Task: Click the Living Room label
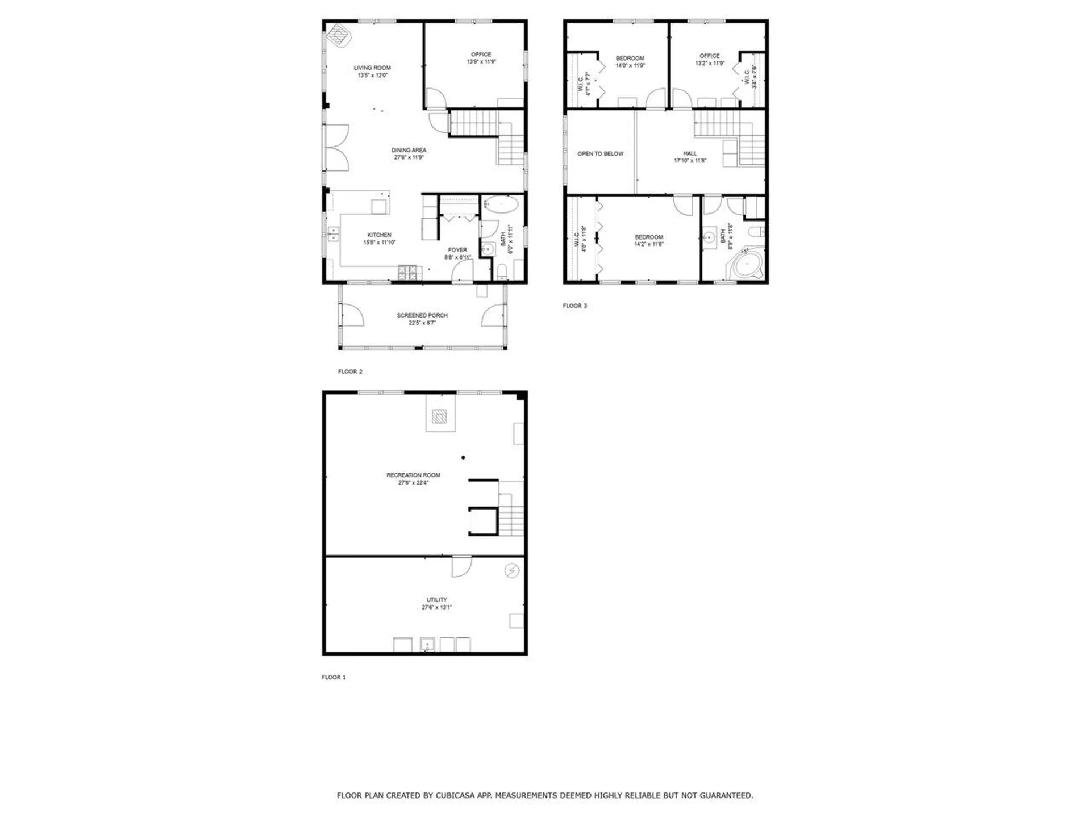click(372, 68)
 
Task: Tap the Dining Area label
click(409, 151)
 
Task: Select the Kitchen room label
click(379, 235)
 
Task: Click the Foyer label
click(457, 250)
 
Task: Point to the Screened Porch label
click(422, 315)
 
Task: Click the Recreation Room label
click(413, 475)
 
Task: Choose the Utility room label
click(436, 600)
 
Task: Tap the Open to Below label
click(600, 154)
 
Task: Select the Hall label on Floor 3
click(690, 153)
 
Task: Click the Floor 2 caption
click(350, 372)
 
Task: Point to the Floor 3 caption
click(574, 306)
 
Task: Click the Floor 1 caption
click(334, 677)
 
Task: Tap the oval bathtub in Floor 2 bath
click(501, 204)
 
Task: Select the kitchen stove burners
click(409, 273)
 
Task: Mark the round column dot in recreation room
click(464, 457)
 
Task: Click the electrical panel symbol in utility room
click(511, 570)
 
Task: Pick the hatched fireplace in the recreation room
click(439, 417)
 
